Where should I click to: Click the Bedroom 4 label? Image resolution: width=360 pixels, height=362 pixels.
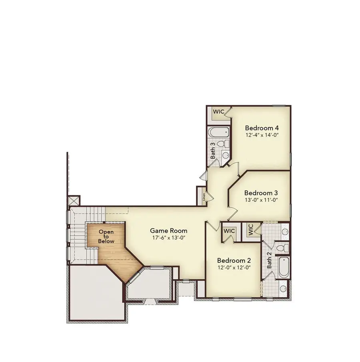coord(262,128)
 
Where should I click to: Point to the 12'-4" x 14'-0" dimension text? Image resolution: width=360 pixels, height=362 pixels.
coord(262,135)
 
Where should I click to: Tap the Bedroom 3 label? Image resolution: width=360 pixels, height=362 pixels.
coord(261,193)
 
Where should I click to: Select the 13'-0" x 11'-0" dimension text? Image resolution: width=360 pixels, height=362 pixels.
coord(261,200)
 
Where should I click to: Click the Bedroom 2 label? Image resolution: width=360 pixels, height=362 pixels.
coord(234,260)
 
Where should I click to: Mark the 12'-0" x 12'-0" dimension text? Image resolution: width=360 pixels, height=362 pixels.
coord(234,267)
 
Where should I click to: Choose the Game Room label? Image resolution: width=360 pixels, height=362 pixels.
coord(168,231)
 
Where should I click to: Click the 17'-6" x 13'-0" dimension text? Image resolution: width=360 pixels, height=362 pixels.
coord(169,238)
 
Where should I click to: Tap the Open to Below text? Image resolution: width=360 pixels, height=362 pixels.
coord(106,236)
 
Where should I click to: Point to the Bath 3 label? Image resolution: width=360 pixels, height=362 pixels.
coord(213,150)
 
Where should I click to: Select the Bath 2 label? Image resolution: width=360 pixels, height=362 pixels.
coord(269,260)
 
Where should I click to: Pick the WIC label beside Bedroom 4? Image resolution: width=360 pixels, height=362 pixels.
coord(219,112)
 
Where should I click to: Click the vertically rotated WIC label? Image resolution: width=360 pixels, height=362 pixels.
coord(251,230)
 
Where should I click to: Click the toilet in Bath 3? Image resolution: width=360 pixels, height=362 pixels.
coord(223,144)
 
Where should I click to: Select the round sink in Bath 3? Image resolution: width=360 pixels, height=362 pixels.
coord(225,155)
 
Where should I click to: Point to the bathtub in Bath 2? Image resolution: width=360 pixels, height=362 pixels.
coord(284,268)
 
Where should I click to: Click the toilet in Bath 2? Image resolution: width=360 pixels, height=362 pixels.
coord(282,248)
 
